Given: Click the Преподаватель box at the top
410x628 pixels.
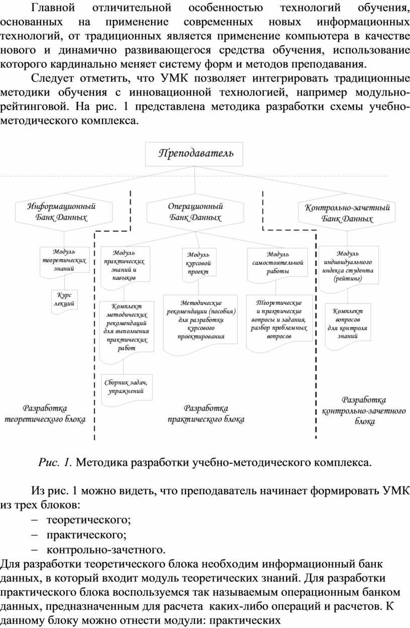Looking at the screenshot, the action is pos(194,154).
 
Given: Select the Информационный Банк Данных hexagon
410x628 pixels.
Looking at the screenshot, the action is pos(64,212).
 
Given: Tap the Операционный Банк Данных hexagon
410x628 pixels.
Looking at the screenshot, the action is pos(195,213).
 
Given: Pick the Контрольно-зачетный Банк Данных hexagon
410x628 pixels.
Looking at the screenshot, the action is pos(347,213).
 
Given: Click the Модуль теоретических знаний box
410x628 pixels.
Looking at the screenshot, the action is pos(64,261).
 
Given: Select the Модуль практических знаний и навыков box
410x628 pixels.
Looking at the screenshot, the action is pos(125,266).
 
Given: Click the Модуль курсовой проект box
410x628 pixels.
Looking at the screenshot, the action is pos(199,264).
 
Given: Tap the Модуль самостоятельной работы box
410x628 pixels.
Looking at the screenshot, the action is pos(277,264).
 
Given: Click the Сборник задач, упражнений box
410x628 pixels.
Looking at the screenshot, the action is pos(127,389).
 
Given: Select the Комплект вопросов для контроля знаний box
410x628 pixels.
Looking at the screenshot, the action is pos(348,325).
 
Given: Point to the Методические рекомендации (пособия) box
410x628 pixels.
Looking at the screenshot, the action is pos(200,324).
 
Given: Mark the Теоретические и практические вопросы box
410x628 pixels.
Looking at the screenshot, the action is pos(279,323).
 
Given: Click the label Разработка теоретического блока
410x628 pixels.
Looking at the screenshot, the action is pos(45,413).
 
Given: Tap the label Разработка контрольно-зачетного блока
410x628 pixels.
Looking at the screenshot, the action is pos(364,410).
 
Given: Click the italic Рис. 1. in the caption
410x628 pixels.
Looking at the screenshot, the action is pos(56,462).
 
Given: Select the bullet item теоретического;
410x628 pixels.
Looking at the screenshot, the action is pos(88,520).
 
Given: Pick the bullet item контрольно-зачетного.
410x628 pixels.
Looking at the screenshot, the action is pos(106,550).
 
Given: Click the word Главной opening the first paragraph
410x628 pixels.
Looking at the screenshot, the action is pos(53,8).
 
